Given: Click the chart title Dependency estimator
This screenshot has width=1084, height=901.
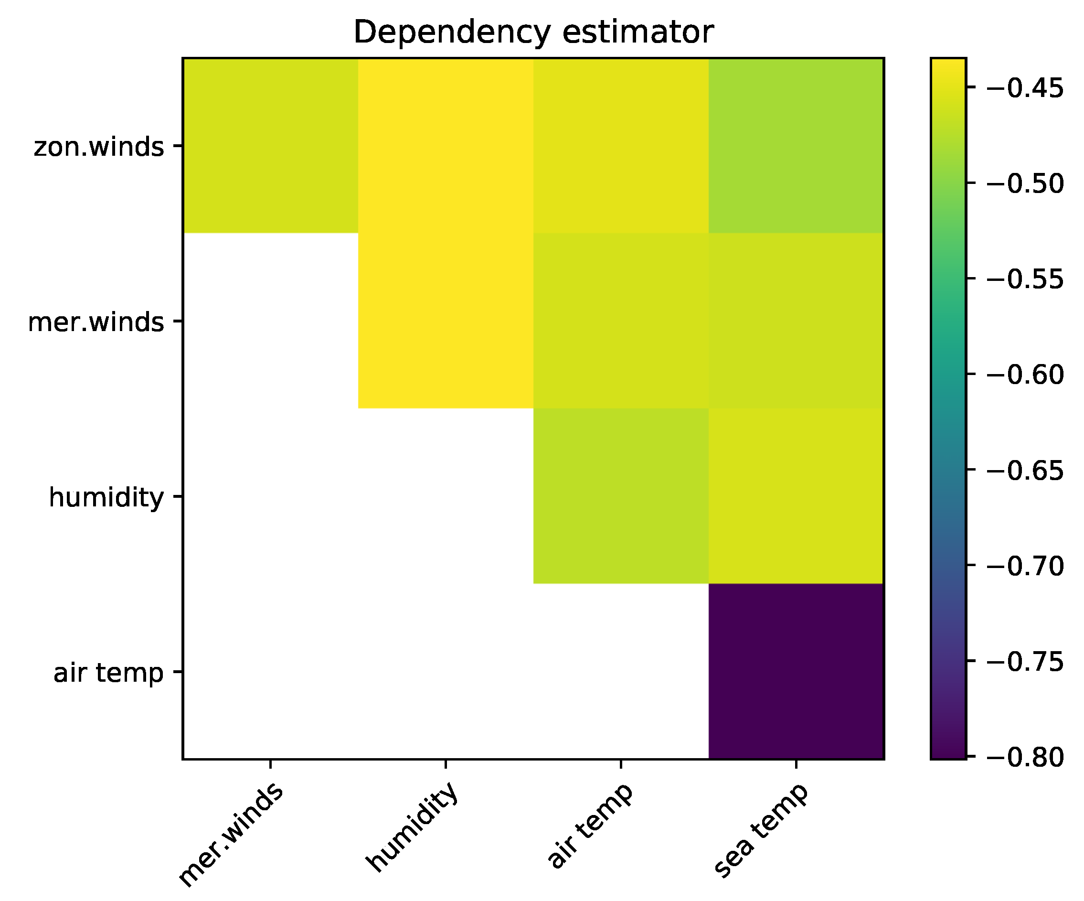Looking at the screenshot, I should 533,32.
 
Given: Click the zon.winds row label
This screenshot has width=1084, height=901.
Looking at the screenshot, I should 98,147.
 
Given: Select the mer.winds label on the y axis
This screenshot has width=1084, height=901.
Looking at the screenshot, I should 96,322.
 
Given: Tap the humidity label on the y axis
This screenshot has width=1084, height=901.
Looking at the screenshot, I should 106,498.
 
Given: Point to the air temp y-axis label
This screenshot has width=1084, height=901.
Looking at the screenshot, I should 108,673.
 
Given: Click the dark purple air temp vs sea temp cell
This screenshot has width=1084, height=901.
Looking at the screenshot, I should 796,671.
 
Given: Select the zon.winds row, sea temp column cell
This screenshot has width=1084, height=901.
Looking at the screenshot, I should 796,146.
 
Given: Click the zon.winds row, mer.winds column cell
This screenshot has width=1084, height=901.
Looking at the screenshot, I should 270,146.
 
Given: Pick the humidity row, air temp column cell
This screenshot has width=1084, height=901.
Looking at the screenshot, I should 620,496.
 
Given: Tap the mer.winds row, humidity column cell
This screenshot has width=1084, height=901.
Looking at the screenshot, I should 446,321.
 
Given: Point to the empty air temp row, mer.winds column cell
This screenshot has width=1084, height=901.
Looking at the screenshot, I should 270,671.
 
